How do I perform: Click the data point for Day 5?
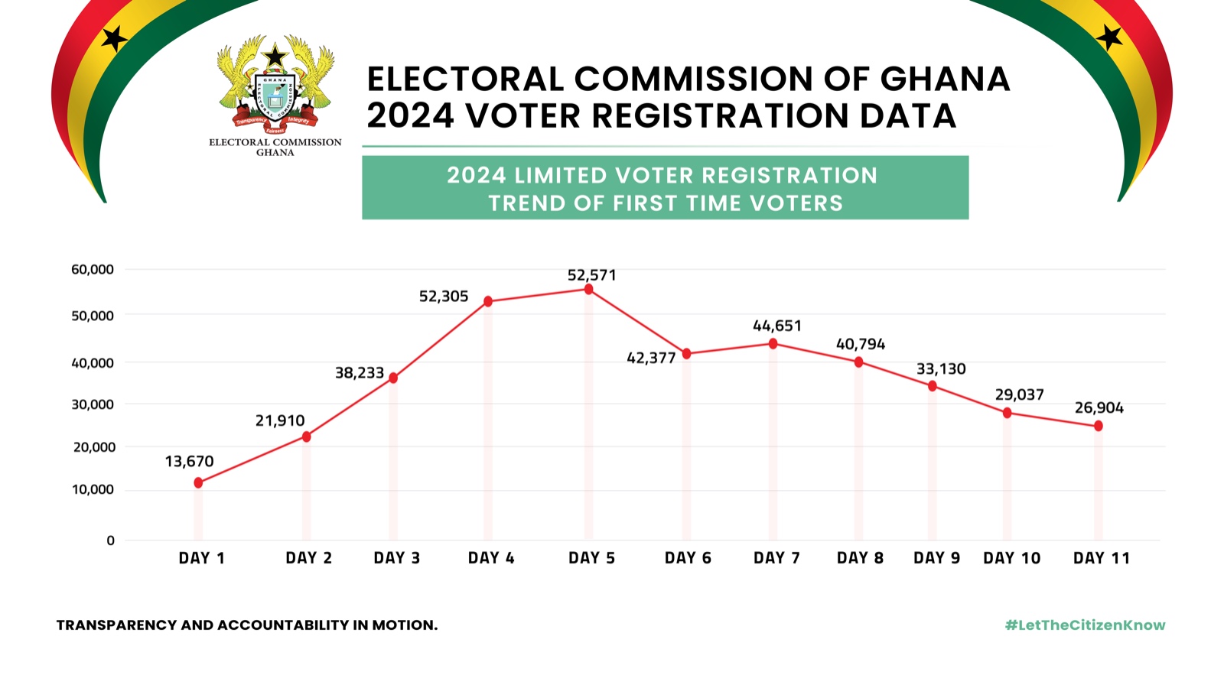click(588, 290)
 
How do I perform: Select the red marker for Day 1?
click(198, 482)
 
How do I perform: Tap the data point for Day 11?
click(1099, 426)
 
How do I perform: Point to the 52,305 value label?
click(444, 297)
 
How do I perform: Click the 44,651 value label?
click(777, 326)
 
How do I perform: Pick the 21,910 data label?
click(280, 420)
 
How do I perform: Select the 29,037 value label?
click(1019, 394)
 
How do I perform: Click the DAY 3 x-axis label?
click(397, 558)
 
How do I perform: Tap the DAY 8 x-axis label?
click(860, 558)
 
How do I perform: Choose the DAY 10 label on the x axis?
click(1011, 558)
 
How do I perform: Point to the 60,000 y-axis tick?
click(93, 269)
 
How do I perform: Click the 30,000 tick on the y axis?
click(93, 404)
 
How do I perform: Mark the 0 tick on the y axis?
click(110, 540)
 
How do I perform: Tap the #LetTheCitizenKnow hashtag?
click(1085, 625)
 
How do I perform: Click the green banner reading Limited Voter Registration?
click(665, 188)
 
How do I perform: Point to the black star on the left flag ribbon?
click(115, 37)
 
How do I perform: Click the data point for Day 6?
click(686, 354)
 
